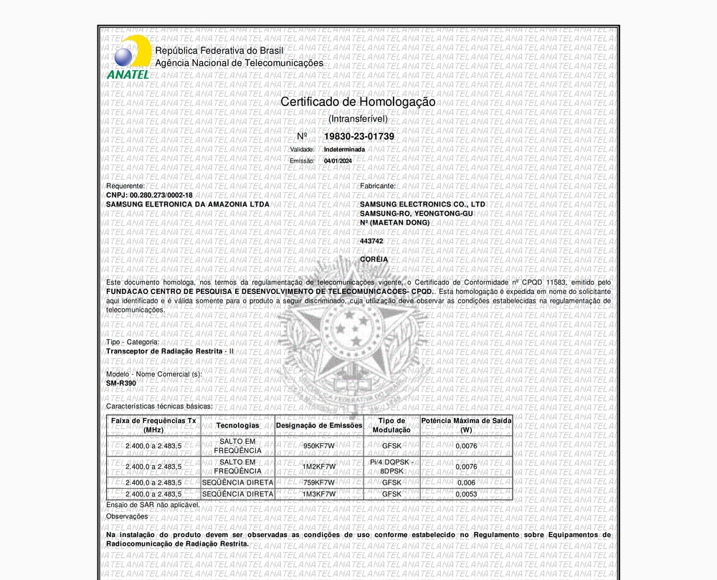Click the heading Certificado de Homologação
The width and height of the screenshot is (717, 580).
tap(358, 102)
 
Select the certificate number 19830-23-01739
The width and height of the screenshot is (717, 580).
tap(358, 136)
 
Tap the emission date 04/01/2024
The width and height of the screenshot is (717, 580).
tap(338, 161)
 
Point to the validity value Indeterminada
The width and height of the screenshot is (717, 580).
tap(344, 149)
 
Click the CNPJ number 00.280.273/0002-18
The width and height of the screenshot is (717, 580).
tap(161, 195)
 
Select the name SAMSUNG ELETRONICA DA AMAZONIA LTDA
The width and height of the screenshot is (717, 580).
tap(188, 204)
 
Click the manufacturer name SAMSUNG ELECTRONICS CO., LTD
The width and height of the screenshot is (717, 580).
tap(422, 204)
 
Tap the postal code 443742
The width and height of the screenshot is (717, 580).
tap(371, 241)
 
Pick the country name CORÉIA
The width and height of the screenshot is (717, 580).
tap(374, 259)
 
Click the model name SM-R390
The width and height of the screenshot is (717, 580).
tap(121, 383)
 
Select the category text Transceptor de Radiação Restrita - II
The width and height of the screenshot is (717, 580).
tap(170, 351)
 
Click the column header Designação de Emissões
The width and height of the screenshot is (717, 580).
tap(319, 425)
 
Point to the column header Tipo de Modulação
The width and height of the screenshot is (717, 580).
tap(391, 425)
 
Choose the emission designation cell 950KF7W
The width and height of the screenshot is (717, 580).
tap(319, 446)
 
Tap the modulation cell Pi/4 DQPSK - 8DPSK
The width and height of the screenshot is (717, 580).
tap(391, 467)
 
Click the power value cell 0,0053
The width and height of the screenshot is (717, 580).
tap(466, 494)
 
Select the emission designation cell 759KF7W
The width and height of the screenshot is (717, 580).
tap(319, 483)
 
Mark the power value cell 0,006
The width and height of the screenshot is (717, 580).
tap(466, 483)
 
